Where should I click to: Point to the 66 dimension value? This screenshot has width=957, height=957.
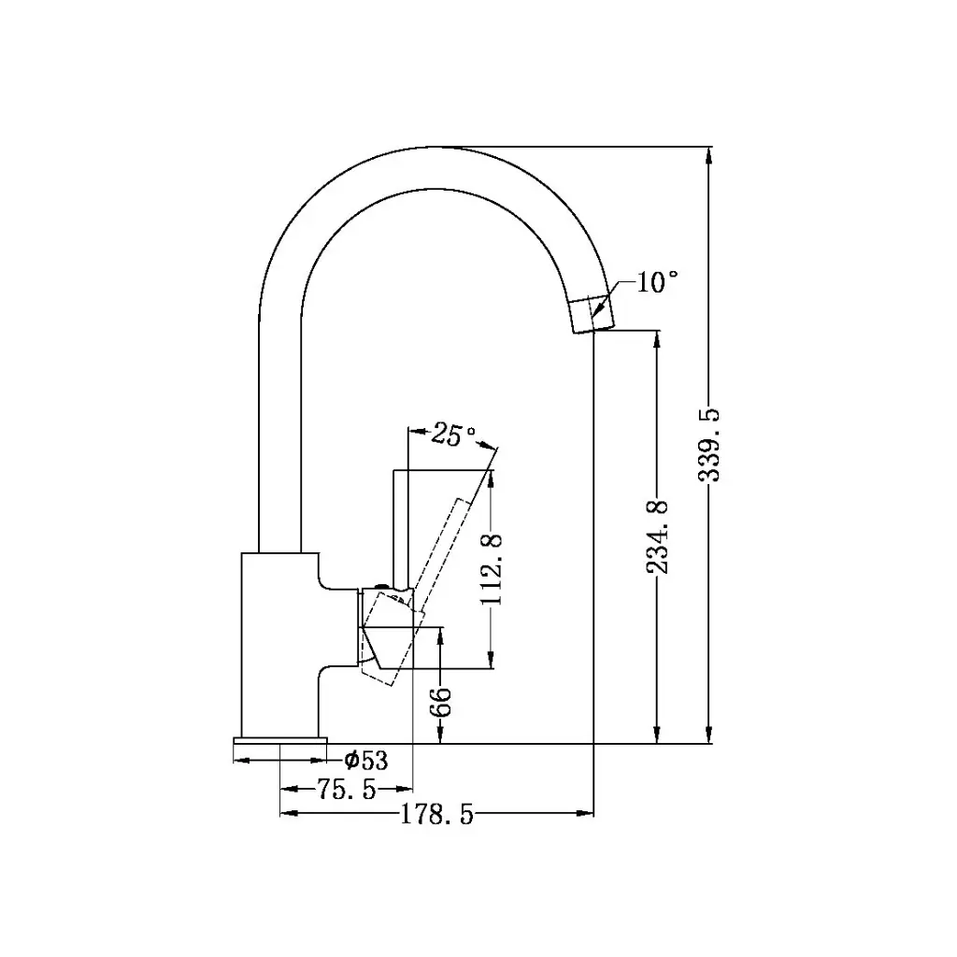coord(440,701)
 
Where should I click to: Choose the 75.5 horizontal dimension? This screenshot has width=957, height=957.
coord(346,791)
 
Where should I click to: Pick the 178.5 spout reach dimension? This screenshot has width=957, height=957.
coord(437,815)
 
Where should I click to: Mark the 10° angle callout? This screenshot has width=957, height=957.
coord(657,282)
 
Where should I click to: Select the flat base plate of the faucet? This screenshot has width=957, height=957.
coord(279,740)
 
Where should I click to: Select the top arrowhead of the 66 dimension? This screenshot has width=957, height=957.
coord(440,636)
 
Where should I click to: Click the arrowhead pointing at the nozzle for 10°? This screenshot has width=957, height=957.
coord(606,298)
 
